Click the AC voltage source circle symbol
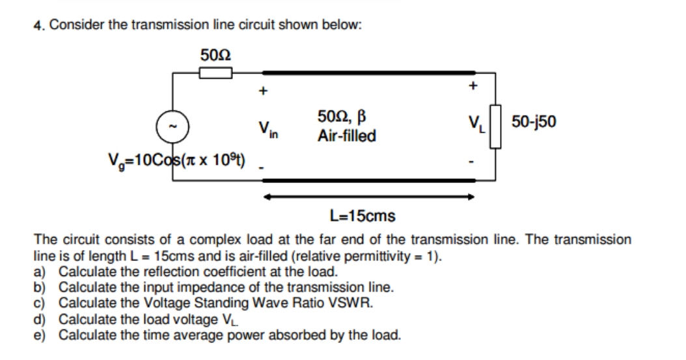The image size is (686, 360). [172, 126]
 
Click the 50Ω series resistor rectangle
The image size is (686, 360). [215, 73]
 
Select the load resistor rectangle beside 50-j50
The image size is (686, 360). [496, 126]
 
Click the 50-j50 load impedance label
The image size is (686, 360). [534, 122]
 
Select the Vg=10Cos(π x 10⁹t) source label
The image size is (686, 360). [176, 160]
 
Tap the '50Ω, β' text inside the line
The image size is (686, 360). [343, 118]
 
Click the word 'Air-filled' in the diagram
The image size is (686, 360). [346, 137]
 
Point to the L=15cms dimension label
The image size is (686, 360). [363, 215]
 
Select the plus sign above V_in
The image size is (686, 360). [262, 92]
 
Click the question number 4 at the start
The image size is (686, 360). [38, 25]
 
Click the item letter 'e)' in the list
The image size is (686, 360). [40, 336]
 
